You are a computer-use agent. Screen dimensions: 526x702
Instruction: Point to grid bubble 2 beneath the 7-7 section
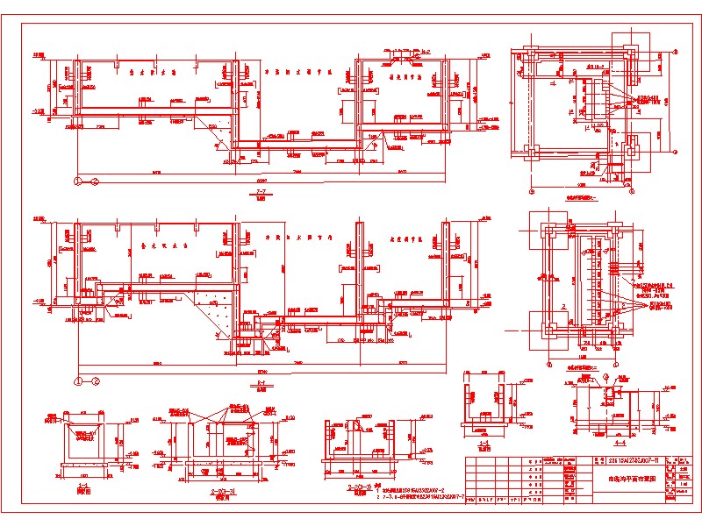pyautogui.click(x=93, y=180)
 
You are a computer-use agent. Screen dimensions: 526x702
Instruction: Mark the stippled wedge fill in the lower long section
pyautogui.click(x=214, y=307)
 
